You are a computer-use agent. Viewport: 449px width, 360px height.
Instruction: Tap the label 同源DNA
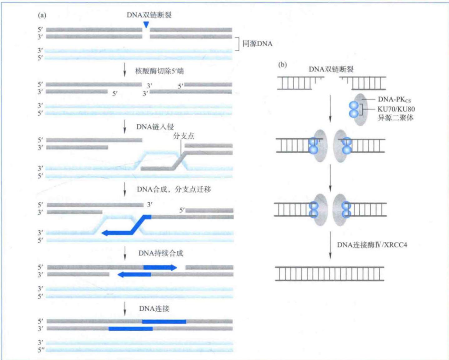(x=257, y=44)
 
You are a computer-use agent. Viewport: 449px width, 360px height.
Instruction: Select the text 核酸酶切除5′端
(x=159, y=71)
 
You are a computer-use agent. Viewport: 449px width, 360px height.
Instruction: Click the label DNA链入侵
(x=155, y=127)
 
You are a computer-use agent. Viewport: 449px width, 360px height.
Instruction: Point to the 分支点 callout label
(x=184, y=136)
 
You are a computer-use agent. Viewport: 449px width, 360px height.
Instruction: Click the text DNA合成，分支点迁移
(x=174, y=190)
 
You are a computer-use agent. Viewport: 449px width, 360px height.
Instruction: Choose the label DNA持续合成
(x=161, y=253)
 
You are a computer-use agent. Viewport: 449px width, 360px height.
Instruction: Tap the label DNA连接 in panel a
(x=154, y=308)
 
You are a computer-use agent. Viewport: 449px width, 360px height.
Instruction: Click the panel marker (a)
(x=42, y=15)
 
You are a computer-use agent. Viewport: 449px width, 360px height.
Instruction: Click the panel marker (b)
(x=282, y=65)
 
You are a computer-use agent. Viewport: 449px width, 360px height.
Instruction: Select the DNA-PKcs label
(x=394, y=100)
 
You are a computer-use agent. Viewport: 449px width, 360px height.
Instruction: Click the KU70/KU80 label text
(x=396, y=109)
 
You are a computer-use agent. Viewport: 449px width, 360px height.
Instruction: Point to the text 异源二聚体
(x=395, y=118)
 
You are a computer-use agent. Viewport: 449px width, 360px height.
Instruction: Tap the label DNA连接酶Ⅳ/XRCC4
(x=372, y=245)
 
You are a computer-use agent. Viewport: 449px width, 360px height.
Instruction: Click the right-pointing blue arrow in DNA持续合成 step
(x=160, y=267)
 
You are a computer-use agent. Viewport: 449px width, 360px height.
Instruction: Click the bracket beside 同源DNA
(x=237, y=44)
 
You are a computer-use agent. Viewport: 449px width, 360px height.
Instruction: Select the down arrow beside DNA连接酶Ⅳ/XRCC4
(x=330, y=245)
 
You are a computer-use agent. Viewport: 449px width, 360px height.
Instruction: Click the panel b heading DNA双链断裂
(x=331, y=69)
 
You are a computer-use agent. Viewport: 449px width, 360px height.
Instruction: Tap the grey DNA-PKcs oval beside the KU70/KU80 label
(x=361, y=110)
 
